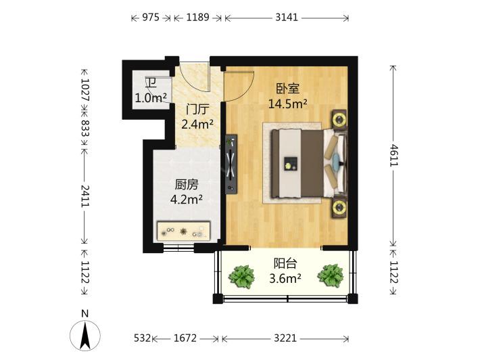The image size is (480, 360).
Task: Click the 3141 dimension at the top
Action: click(287, 17)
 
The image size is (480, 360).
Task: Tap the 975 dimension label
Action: click(151, 17)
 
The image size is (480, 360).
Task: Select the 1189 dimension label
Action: click(198, 17)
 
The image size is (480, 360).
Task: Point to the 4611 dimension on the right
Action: click(393, 156)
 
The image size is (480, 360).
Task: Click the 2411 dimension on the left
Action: click(85, 196)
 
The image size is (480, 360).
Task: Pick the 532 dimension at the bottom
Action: click(143, 338)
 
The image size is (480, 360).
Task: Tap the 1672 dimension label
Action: click(185, 338)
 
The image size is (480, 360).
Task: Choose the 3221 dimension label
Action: click(285, 338)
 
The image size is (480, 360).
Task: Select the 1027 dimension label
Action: click(85, 90)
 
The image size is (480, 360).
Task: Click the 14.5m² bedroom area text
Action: click(288, 104)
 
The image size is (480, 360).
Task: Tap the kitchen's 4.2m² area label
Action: click(186, 200)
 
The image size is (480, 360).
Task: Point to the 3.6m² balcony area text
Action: click(285, 279)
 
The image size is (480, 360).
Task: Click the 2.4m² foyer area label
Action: click(197, 124)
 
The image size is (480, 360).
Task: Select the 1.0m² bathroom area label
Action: click(151, 98)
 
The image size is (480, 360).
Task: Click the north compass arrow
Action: click(85, 335)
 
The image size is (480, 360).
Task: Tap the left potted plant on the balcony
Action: click(242, 277)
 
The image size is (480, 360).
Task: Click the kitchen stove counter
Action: click(183, 231)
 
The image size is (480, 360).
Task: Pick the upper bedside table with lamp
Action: click(339, 120)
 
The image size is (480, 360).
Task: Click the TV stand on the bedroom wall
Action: click(231, 164)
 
